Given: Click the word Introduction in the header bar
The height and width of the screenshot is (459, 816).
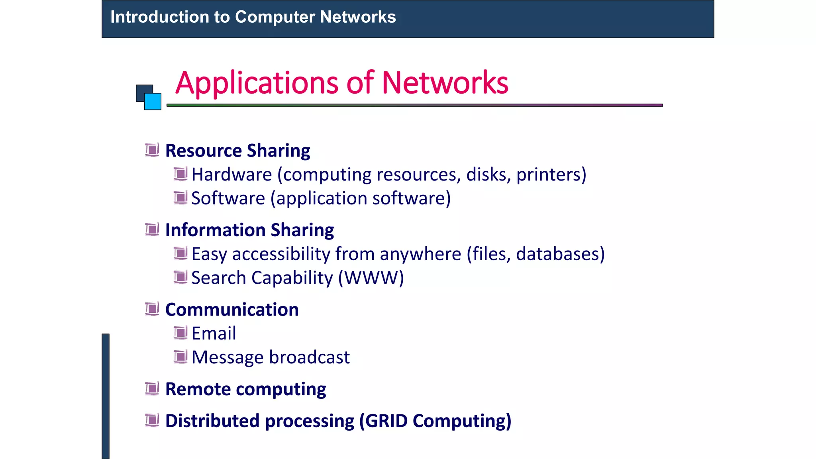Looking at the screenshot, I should pos(160,17).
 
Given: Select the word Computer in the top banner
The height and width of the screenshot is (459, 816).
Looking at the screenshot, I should pos(275,17).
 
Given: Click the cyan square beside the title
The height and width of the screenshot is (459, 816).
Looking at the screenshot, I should pos(153,102).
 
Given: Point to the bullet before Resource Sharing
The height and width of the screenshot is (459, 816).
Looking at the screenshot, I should pos(152,150).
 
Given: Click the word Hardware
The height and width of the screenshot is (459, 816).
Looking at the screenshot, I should pos(231,175).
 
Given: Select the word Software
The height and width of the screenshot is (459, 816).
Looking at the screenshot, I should pos(228,198).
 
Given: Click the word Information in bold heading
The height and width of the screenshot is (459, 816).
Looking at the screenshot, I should pos(215,230).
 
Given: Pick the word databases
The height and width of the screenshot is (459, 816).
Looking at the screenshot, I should pos(560,254).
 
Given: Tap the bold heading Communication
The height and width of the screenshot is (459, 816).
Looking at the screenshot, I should pos(232,310).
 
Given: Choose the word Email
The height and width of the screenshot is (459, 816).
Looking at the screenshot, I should pos(214,333).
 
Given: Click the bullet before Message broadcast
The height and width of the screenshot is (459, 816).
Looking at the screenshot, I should pos(180,357).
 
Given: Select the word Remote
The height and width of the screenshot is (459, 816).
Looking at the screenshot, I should pos(198,389).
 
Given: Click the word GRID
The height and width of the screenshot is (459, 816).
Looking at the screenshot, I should pos(386,421).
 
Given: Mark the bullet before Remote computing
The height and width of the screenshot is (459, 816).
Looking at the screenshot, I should pos(152,388).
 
